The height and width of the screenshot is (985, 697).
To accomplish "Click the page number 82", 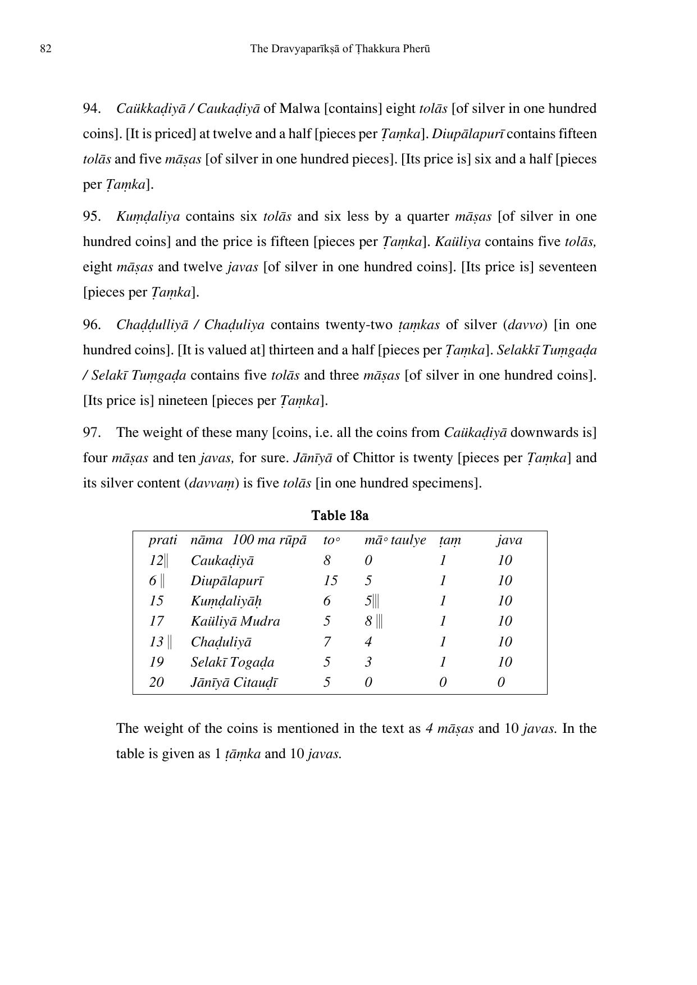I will (46, 49).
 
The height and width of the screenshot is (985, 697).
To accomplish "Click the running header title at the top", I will (340, 49).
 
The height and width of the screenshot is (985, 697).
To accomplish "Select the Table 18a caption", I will (340, 516).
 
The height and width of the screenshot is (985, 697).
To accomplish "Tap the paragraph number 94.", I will (92, 108).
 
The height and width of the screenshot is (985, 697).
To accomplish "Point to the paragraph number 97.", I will (92, 432).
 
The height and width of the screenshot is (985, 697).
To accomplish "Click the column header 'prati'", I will (162, 540).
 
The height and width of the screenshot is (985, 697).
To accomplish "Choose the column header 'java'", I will (509, 540).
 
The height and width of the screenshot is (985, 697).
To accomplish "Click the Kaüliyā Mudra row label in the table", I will (235, 621).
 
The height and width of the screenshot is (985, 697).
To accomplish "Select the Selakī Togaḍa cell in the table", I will (232, 662).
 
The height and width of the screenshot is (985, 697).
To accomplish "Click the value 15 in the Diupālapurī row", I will (330, 581).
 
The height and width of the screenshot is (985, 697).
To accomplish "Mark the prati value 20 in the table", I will (156, 682).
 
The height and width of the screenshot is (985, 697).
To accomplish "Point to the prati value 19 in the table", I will (156, 662).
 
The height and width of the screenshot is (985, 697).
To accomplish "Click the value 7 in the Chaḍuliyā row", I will (327, 641).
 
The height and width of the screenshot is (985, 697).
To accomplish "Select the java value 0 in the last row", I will (501, 682).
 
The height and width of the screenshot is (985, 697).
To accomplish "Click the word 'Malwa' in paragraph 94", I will (299, 108).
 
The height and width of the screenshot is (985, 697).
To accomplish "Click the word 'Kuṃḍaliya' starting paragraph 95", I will (148, 217).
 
